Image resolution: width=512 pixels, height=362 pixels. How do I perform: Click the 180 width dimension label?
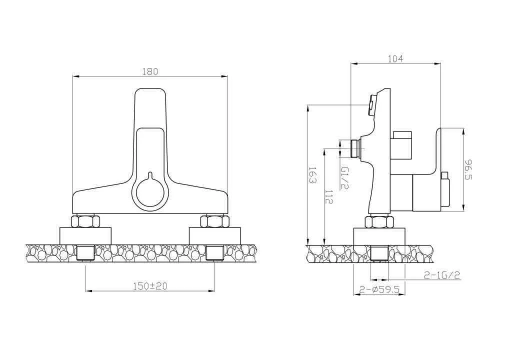(150, 71)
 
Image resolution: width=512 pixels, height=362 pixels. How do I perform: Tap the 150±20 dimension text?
(150, 286)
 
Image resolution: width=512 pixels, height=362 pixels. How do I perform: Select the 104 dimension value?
(395, 59)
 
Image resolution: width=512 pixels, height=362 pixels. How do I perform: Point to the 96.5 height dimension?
(468, 170)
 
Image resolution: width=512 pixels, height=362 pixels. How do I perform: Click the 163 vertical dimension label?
(312, 175)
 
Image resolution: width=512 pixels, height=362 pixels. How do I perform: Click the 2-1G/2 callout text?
(441, 274)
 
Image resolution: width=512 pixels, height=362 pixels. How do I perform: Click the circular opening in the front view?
(150, 193)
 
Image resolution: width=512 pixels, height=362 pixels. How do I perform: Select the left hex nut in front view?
(85, 221)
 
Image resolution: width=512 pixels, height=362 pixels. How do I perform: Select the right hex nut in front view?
(214, 221)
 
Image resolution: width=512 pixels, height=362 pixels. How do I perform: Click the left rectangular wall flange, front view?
(85, 235)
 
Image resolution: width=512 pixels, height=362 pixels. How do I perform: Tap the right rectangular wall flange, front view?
(214, 235)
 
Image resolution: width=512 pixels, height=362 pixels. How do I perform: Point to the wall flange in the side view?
(379, 236)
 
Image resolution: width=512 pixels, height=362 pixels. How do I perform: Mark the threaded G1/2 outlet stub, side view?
(355, 148)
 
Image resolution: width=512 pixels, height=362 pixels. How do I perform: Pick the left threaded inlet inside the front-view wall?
(85, 252)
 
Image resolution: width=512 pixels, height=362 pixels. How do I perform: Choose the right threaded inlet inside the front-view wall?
(214, 252)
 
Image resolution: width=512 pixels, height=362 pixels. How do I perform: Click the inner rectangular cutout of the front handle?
(150, 150)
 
